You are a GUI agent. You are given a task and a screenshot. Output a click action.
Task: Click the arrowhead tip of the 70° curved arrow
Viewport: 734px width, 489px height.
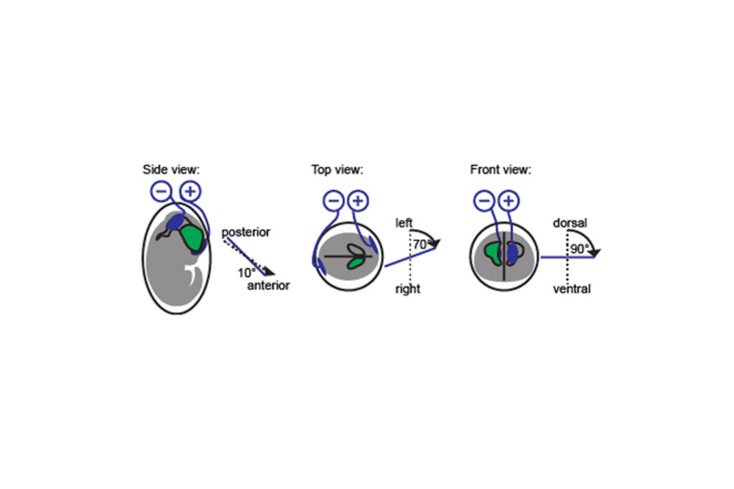[x=437, y=247]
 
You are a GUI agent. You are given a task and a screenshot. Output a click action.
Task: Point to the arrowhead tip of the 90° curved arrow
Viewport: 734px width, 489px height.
[x=595, y=256]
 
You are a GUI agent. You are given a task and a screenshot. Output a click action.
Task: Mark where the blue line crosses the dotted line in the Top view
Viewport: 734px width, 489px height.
[x=411, y=257]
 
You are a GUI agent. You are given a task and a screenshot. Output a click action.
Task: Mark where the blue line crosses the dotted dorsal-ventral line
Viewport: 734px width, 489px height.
[x=568, y=257]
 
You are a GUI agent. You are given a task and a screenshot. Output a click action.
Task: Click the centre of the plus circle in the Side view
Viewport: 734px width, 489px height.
[x=190, y=191]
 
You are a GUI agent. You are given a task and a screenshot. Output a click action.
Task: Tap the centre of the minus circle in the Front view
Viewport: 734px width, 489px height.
[x=484, y=201]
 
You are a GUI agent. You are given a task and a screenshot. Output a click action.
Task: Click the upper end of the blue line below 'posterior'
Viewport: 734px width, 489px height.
[x=227, y=238]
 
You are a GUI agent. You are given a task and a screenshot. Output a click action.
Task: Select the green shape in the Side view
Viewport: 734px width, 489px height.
[x=193, y=238]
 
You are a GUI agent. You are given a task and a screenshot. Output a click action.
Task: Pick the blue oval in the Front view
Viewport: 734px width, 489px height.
[x=513, y=253]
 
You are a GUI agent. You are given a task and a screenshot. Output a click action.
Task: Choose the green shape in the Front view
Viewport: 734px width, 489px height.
[x=493, y=253]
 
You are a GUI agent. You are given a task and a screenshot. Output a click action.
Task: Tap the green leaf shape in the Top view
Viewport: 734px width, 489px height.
[x=356, y=263]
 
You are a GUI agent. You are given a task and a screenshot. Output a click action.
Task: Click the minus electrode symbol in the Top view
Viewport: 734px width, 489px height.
[x=334, y=201]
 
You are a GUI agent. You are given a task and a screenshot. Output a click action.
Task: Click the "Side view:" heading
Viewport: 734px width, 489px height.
[x=171, y=169]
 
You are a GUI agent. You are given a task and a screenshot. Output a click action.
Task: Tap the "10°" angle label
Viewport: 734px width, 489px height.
[x=247, y=273]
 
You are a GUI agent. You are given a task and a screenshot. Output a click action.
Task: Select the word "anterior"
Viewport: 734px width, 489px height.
[x=268, y=285]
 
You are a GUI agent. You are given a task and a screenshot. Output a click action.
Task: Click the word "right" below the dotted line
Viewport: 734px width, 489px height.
[x=408, y=289]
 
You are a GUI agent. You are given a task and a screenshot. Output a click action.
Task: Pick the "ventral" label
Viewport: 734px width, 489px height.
[x=571, y=289]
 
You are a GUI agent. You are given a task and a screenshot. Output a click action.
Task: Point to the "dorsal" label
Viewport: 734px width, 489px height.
[x=570, y=223]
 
